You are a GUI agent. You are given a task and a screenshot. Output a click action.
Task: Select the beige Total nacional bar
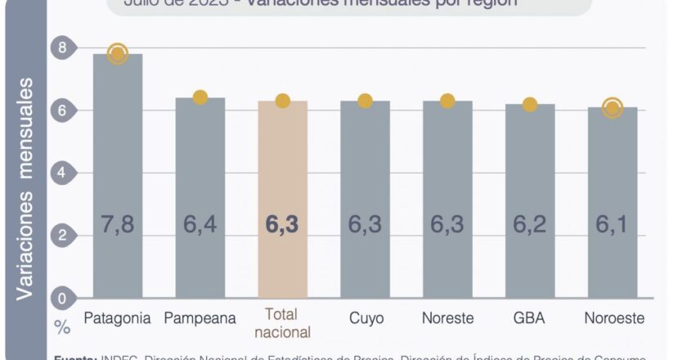(x=282, y=164)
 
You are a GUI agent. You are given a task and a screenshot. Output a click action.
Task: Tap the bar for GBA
(x=530, y=164)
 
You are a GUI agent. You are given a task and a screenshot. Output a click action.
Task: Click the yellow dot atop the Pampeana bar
(x=200, y=97)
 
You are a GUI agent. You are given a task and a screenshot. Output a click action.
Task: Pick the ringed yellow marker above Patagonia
(x=118, y=54)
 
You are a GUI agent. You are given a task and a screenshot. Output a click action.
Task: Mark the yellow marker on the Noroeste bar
(x=612, y=107)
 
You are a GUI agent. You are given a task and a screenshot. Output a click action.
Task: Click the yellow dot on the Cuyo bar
(x=365, y=101)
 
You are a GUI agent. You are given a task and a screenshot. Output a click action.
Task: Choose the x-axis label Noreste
(x=447, y=317)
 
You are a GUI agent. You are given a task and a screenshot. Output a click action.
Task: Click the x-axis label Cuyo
(x=365, y=317)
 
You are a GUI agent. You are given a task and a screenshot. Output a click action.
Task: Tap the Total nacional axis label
(x=282, y=324)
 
